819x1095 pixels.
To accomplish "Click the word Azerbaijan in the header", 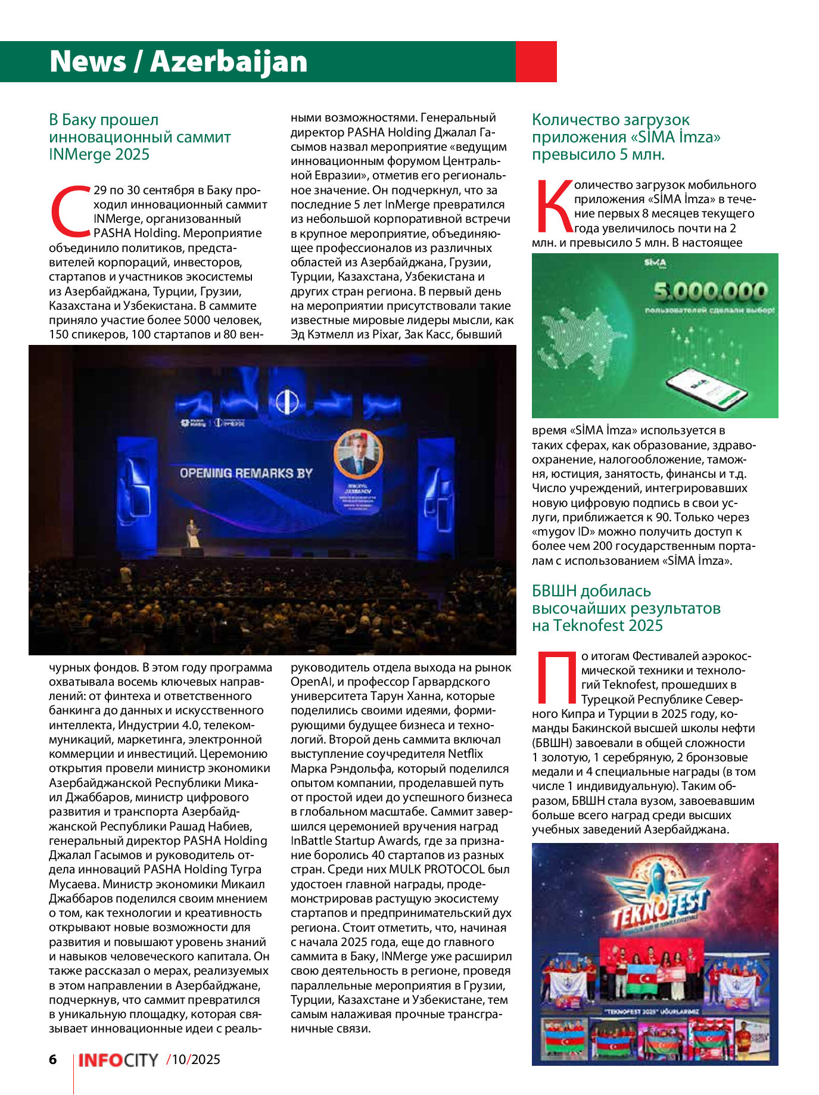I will coord(229,61).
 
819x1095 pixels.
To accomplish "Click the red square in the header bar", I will coord(535,61).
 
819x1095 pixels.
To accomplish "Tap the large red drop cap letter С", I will coord(70,210).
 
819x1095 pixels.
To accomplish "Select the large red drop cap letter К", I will coord(553,206).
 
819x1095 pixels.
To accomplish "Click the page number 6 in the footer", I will coord(53,1059).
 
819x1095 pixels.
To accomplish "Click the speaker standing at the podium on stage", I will coord(192,533).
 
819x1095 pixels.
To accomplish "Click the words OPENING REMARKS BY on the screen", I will coord(246,473).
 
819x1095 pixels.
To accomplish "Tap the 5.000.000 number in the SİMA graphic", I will coord(710,291).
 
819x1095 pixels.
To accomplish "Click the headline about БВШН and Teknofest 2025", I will coord(626,608).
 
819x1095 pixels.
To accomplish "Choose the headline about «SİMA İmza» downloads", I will coord(625,137).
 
